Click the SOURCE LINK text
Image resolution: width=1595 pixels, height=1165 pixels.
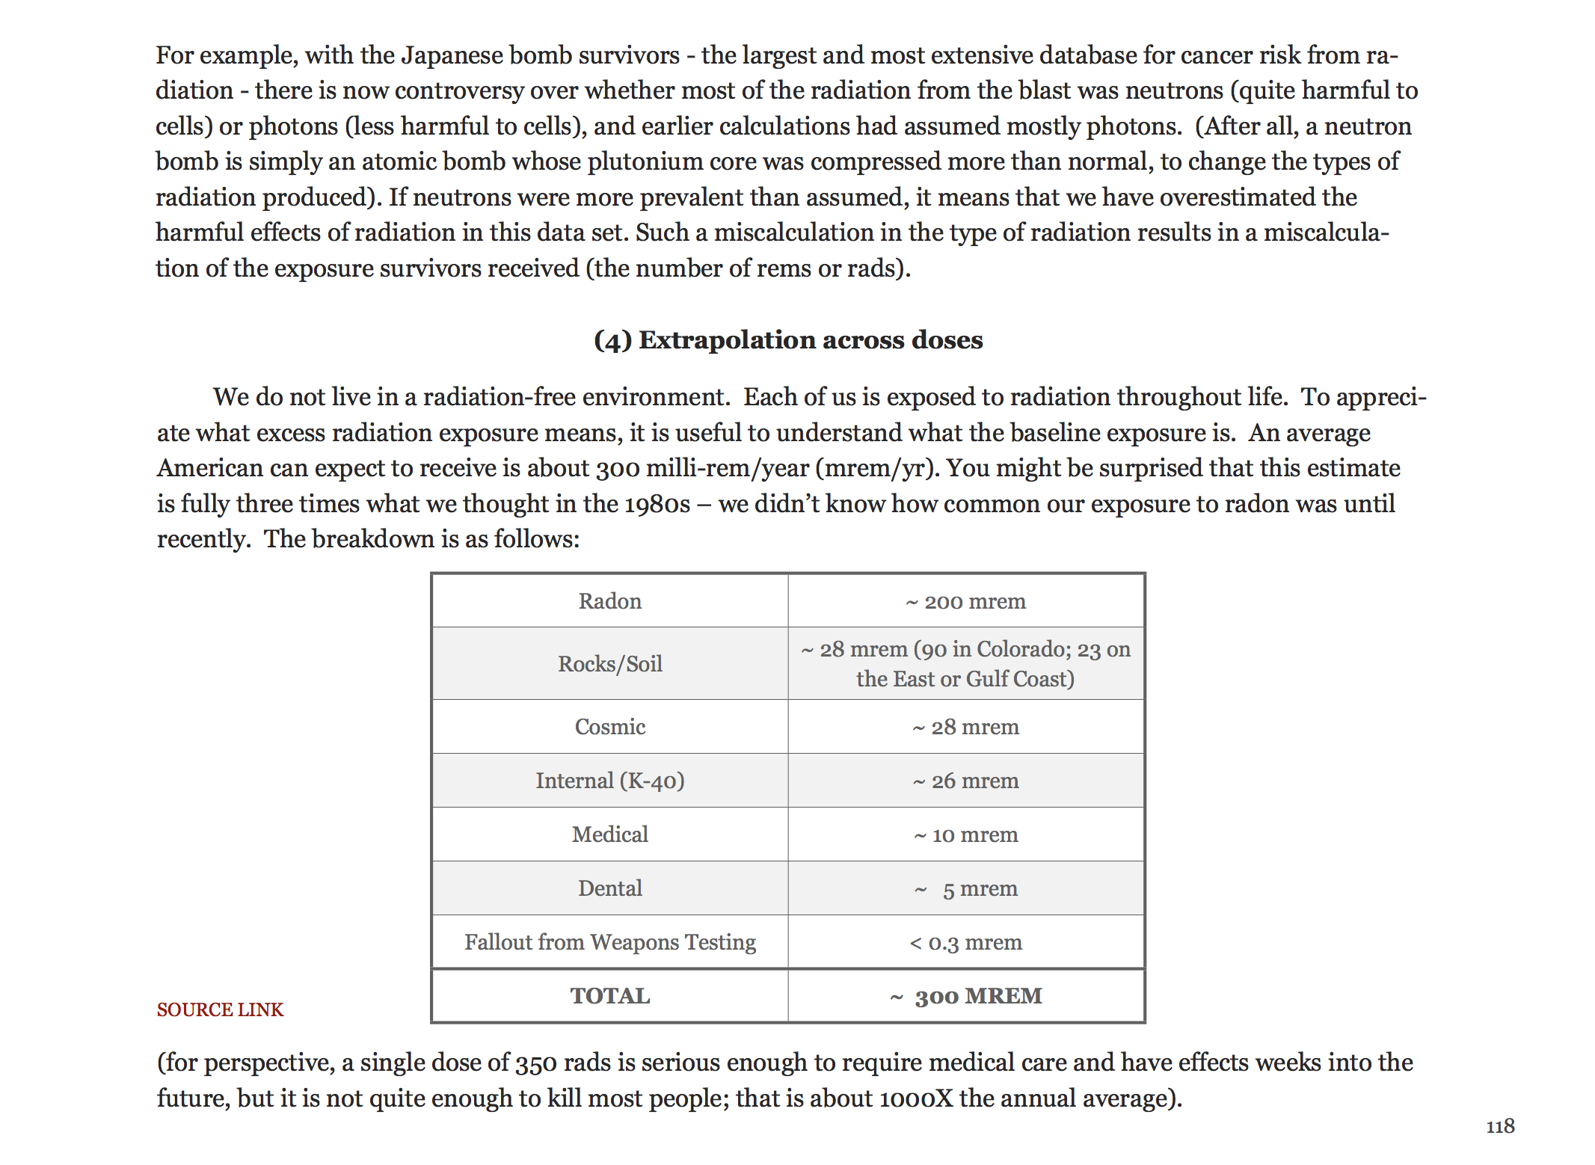pyautogui.click(x=220, y=1009)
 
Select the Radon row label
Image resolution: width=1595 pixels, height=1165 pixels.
pyautogui.click(x=609, y=601)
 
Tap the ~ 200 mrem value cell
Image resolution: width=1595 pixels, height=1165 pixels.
pyautogui.click(x=965, y=601)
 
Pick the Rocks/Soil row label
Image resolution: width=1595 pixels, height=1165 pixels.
pyautogui.click(x=609, y=663)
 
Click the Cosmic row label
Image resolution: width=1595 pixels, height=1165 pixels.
pyautogui.click(x=609, y=727)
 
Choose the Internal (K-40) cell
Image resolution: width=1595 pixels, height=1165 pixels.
pyautogui.click(x=609, y=781)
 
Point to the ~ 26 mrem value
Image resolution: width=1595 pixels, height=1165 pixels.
pyautogui.click(x=965, y=781)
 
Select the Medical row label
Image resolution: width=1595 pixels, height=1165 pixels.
pyautogui.click(x=609, y=834)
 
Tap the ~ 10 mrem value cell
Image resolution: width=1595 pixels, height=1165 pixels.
pyautogui.click(x=965, y=834)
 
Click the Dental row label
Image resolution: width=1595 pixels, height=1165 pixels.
pyautogui.click(x=609, y=888)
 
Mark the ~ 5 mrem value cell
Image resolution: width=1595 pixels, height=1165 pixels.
pyautogui.click(x=965, y=888)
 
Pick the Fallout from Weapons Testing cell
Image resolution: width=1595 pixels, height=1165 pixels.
pyautogui.click(x=609, y=942)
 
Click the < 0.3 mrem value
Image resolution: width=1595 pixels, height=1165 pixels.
pyautogui.click(x=965, y=942)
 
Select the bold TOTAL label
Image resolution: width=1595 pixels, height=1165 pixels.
pyautogui.click(x=609, y=996)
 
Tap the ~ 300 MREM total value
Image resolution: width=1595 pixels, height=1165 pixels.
pyautogui.click(x=965, y=996)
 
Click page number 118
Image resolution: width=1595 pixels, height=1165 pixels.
pyautogui.click(x=1499, y=1126)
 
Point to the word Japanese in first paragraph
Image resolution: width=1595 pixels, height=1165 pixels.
pyautogui.click(x=452, y=55)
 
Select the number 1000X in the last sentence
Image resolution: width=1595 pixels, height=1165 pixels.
pyautogui.click(x=916, y=1098)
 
